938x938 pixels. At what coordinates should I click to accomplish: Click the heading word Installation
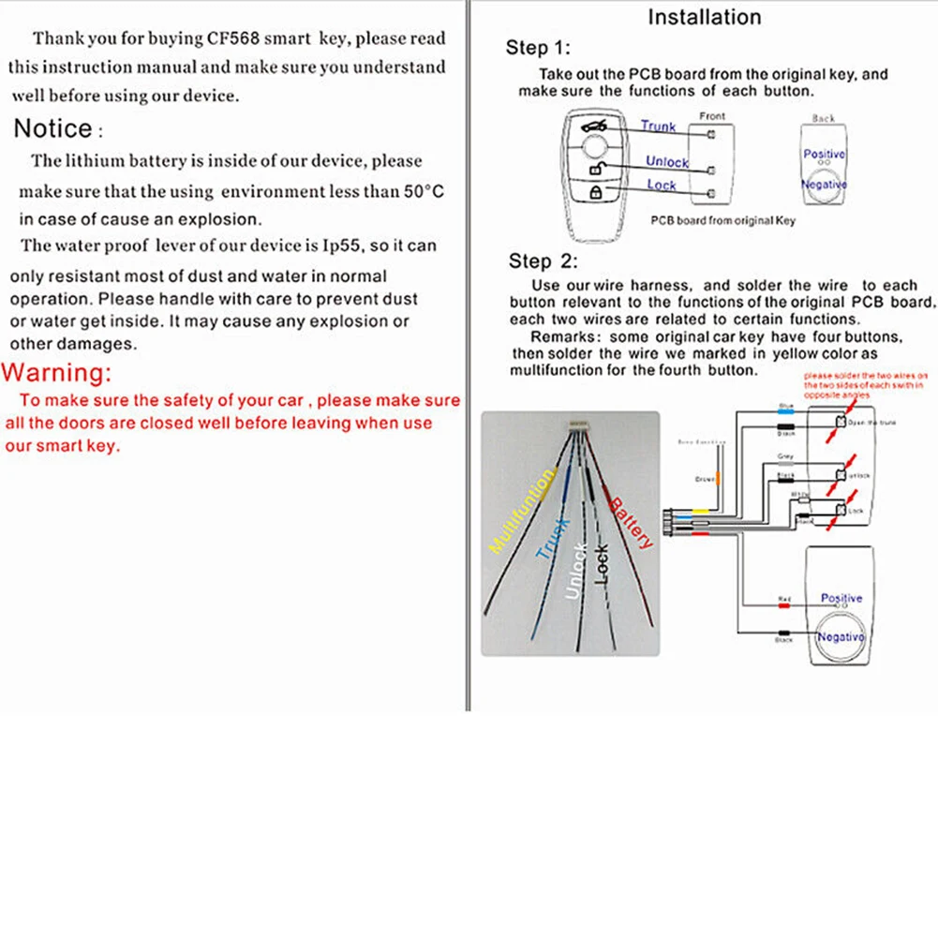[705, 17]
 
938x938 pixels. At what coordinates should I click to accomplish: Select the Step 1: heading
[537, 48]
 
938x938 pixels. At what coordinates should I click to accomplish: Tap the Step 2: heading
[543, 261]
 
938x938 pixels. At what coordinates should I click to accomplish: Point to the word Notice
[54, 128]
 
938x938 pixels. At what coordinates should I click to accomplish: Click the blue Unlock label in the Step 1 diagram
[666, 161]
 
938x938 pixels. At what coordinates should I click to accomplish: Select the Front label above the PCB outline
[712, 116]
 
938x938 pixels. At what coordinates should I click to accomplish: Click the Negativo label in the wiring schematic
[841, 636]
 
